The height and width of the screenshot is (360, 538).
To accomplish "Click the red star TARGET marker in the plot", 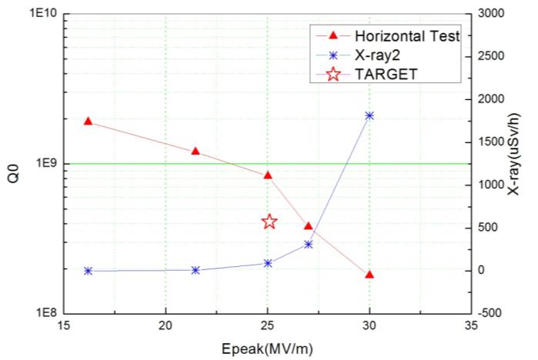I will tap(269, 222).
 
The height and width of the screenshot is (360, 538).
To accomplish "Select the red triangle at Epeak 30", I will tap(369, 275).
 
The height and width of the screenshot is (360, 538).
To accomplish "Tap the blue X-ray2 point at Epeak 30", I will tap(369, 115).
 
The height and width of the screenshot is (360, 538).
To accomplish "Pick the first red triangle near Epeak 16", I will tap(89, 122).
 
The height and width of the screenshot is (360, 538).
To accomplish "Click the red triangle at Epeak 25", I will tap(268, 175).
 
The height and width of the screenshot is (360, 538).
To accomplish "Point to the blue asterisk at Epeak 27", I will tap(309, 244).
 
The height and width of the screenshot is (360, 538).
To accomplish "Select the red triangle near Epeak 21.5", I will tap(195, 151).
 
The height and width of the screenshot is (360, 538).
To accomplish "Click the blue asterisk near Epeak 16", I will tap(89, 271).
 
